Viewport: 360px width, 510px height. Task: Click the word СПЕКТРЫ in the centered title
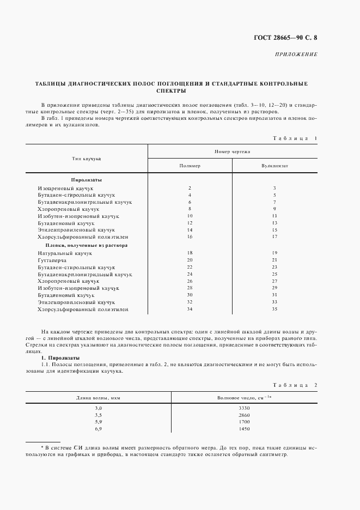(171, 91)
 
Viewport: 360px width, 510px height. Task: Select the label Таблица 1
(294, 138)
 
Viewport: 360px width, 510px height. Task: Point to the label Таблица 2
(294, 385)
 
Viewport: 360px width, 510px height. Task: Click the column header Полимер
(190, 165)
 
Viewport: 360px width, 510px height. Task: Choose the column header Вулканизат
(274, 165)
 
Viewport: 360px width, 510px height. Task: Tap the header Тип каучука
(87, 158)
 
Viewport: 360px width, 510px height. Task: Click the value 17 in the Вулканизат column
(274, 237)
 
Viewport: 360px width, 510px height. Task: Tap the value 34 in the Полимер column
(190, 309)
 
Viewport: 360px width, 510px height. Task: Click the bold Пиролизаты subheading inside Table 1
(86, 179)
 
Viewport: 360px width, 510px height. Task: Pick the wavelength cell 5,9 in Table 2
(99, 421)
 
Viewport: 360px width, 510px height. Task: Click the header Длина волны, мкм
(99, 398)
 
